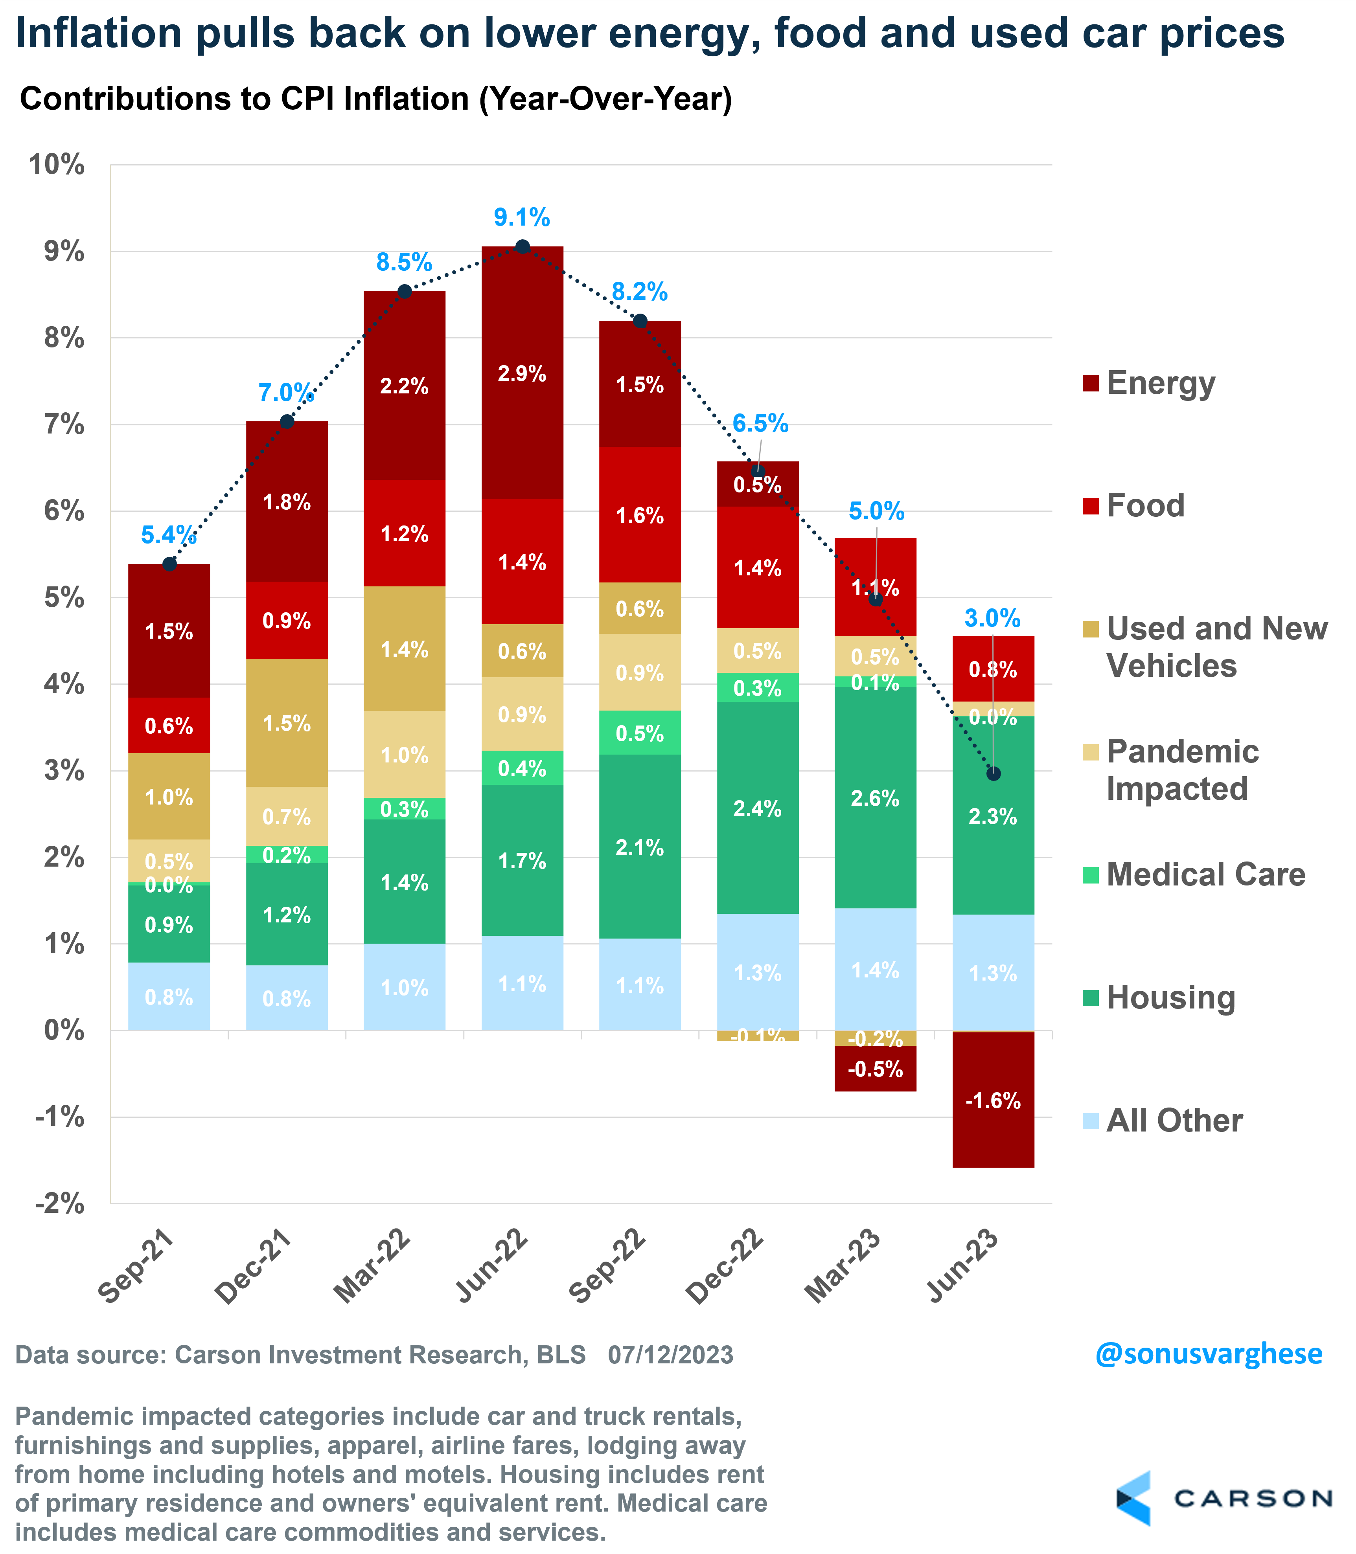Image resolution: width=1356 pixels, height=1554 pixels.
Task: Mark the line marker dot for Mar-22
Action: [405, 291]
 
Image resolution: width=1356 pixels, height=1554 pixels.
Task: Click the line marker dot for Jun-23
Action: [994, 773]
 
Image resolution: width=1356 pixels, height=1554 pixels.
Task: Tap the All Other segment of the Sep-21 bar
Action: [169, 997]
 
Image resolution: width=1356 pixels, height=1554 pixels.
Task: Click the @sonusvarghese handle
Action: [1209, 1354]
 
